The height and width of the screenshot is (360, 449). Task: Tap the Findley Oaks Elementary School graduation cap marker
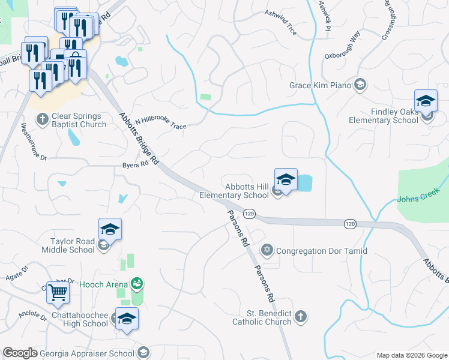click(x=426, y=100)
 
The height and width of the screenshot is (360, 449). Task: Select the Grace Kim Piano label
click(x=320, y=85)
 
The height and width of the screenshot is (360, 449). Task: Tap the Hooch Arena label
click(x=106, y=284)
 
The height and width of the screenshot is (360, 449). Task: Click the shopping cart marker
click(x=58, y=293)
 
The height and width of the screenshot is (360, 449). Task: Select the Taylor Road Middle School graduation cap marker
click(x=110, y=230)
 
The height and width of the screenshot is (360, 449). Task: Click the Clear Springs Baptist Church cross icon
click(x=42, y=119)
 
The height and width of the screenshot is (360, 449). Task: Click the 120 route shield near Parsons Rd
click(x=250, y=214)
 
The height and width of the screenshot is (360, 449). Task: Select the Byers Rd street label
click(x=135, y=164)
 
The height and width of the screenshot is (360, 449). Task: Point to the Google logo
click(x=20, y=353)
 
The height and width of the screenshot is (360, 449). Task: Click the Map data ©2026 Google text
click(x=412, y=355)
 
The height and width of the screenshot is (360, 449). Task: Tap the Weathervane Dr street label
click(x=34, y=142)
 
